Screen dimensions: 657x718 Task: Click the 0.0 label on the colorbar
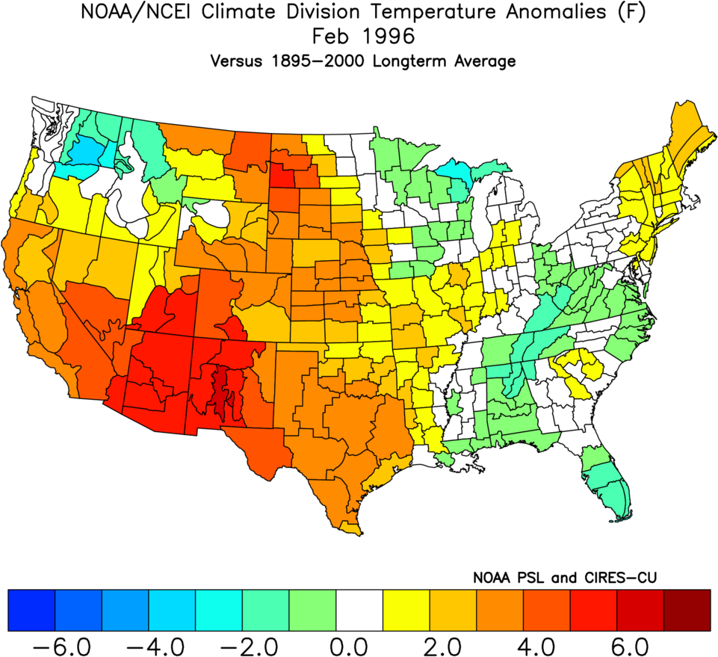pos(359,644)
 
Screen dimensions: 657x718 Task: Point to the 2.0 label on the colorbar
pos(453,644)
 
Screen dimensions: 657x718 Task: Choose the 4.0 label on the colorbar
pos(547,644)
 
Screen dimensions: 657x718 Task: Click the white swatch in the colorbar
pos(359,609)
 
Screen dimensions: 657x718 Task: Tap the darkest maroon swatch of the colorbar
pos(687,609)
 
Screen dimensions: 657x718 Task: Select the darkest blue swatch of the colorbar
pos(31,609)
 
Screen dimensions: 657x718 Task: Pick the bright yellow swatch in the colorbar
pos(406,609)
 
